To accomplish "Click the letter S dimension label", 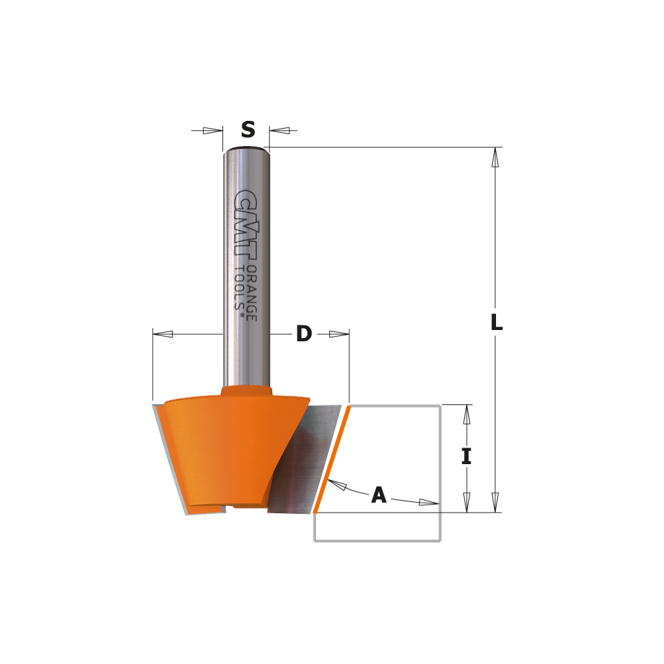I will pyautogui.click(x=248, y=130).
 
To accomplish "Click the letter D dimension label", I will pyautogui.click(x=303, y=334).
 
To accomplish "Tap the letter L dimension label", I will pyautogui.click(x=496, y=323).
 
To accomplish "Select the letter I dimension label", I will pyautogui.click(x=467, y=457).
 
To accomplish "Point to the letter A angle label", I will pyautogui.click(x=378, y=495).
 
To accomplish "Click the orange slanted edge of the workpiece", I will pyautogui.click(x=330, y=458).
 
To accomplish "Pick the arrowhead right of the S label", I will pyautogui.click(x=279, y=130).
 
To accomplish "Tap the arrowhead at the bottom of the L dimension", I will pyautogui.click(x=495, y=502).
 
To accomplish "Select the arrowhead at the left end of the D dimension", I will pyautogui.click(x=163, y=334).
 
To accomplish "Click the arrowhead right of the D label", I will pyautogui.click(x=339, y=334).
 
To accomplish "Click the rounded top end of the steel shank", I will pyautogui.click(x=247, y=149).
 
